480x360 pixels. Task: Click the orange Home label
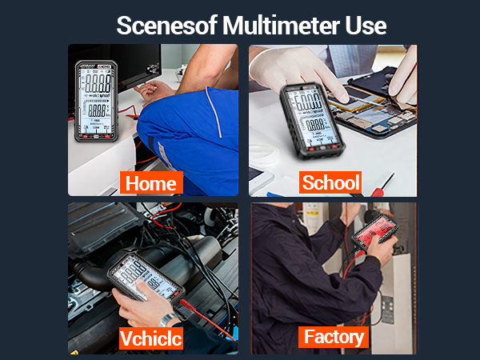[150, 183]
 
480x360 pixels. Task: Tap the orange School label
[330, 182]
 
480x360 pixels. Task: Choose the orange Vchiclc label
[150, 338]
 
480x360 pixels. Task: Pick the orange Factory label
[334, 337]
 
